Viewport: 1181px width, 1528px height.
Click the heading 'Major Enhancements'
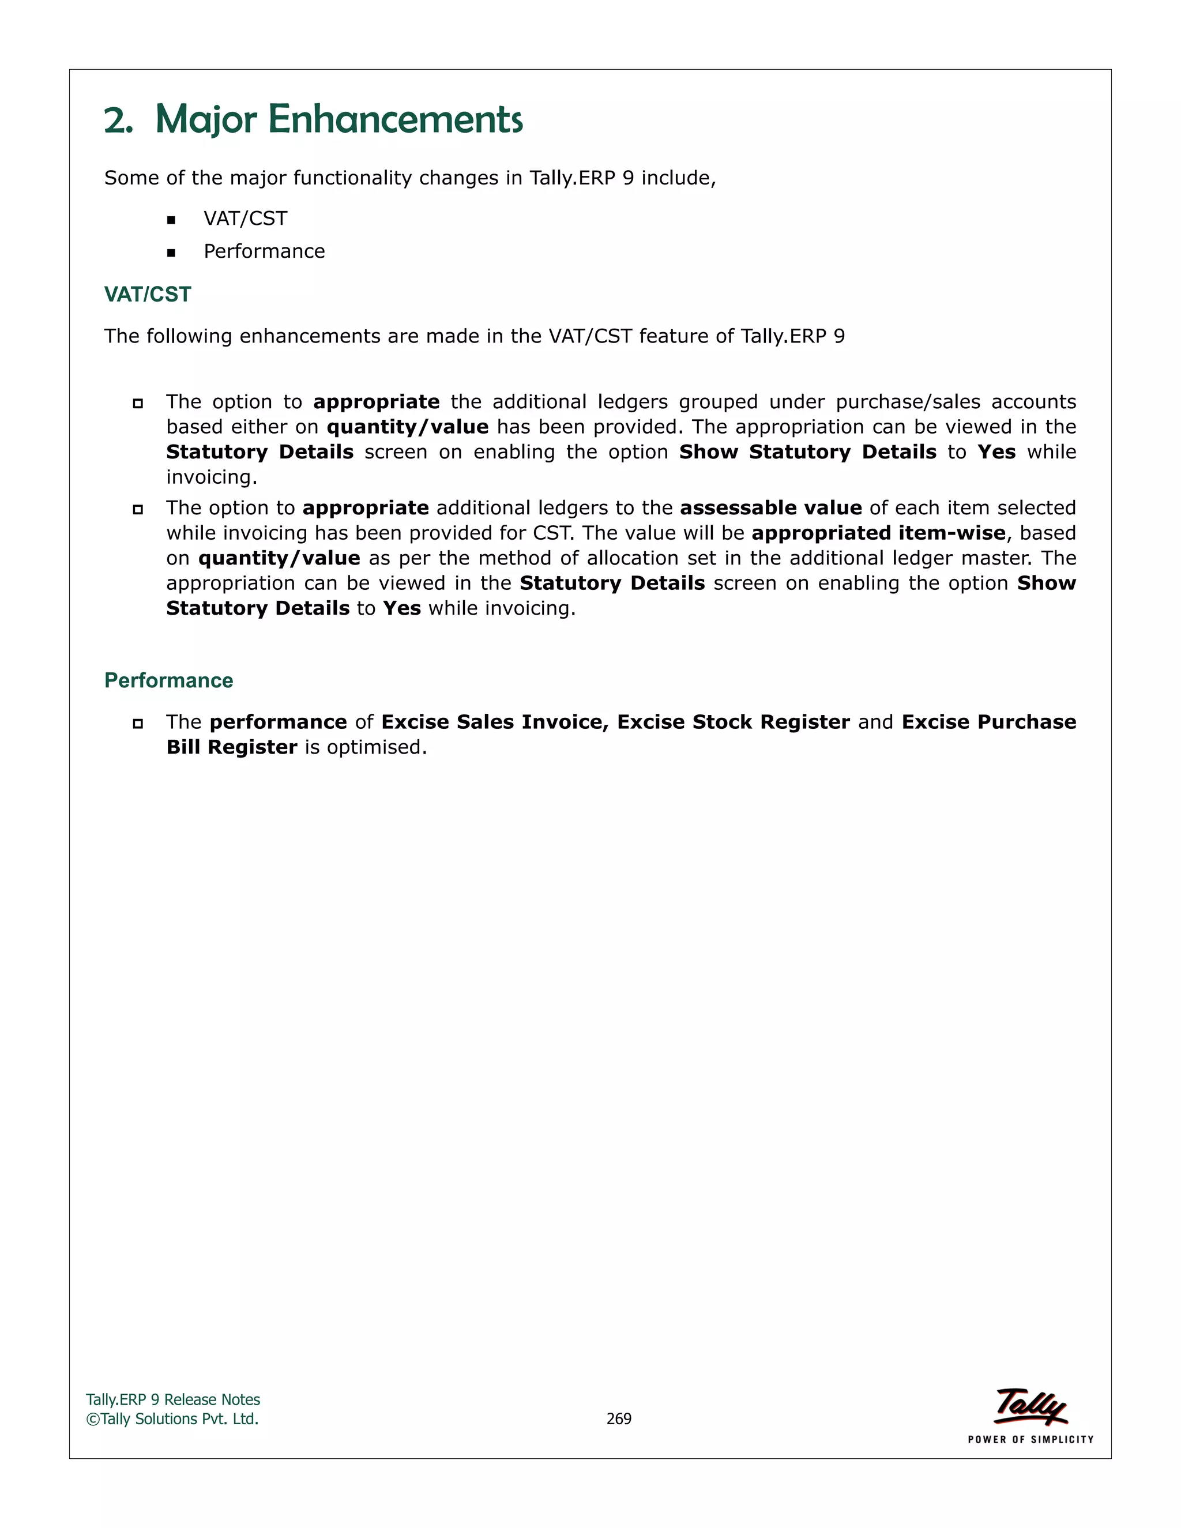click(338, 119)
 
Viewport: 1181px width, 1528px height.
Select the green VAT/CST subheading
click(148, 295)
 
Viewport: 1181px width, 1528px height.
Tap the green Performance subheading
click(168, 681)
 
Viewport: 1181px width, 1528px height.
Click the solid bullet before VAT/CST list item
click(171, 220)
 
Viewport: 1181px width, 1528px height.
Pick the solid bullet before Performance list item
click(171, 253)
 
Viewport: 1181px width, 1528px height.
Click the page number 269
click(619, 1419)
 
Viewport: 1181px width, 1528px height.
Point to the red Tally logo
click(1030, 1407)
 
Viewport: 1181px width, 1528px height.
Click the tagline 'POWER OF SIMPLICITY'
click(1030, 1440)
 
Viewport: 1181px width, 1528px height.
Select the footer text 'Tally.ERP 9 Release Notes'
click(173, 1400)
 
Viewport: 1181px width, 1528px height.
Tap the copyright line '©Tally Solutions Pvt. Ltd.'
click(172, 1419)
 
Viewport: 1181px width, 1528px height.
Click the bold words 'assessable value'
click(770, 508)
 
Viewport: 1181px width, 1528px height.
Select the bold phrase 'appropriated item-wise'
click(878, 533)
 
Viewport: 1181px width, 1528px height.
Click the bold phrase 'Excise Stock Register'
click(734, 722)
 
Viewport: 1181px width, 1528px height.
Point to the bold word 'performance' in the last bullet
click(279, 722)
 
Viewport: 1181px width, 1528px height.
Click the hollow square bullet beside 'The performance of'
click(138, 724)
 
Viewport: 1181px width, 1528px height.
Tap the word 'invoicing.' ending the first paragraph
click(211, 477)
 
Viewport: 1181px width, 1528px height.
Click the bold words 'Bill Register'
click(232, 747)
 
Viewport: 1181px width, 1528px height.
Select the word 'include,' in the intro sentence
click(679, 178)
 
